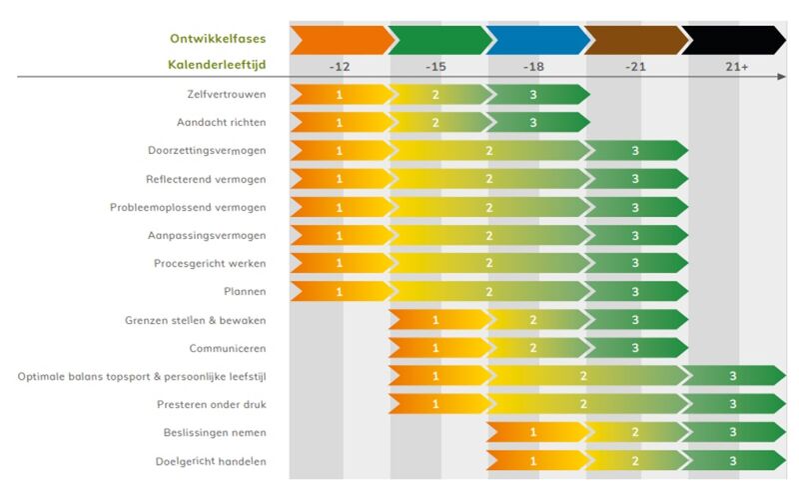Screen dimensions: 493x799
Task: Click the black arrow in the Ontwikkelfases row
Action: point(734,40)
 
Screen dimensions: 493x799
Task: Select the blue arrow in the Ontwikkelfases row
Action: point(537,40)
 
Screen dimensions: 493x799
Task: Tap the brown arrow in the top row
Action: point(635,40)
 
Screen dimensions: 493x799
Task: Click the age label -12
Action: point(340,67)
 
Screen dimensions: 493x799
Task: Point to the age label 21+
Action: point(736,67)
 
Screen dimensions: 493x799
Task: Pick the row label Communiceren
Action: point(227,348)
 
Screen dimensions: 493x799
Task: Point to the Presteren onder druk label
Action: point(211,404)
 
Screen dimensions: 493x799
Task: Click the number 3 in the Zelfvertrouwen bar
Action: point(533,95)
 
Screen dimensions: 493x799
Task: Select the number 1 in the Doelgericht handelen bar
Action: point(533,461)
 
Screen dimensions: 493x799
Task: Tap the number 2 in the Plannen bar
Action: point(489,292)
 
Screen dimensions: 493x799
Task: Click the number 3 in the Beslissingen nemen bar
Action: point(734,433)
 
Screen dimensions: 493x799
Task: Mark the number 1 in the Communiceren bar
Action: point(435,348)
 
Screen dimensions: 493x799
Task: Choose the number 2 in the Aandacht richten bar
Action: point(435,123)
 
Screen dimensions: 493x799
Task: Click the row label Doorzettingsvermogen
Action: point(206,150)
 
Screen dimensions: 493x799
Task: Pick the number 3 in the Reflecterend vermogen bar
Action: point(635,179)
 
